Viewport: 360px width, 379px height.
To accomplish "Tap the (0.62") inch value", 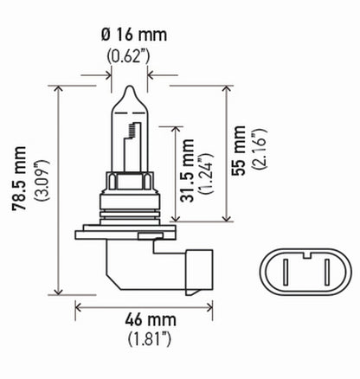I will point(130,59).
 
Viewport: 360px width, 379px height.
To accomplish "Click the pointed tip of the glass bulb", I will point(128,87).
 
